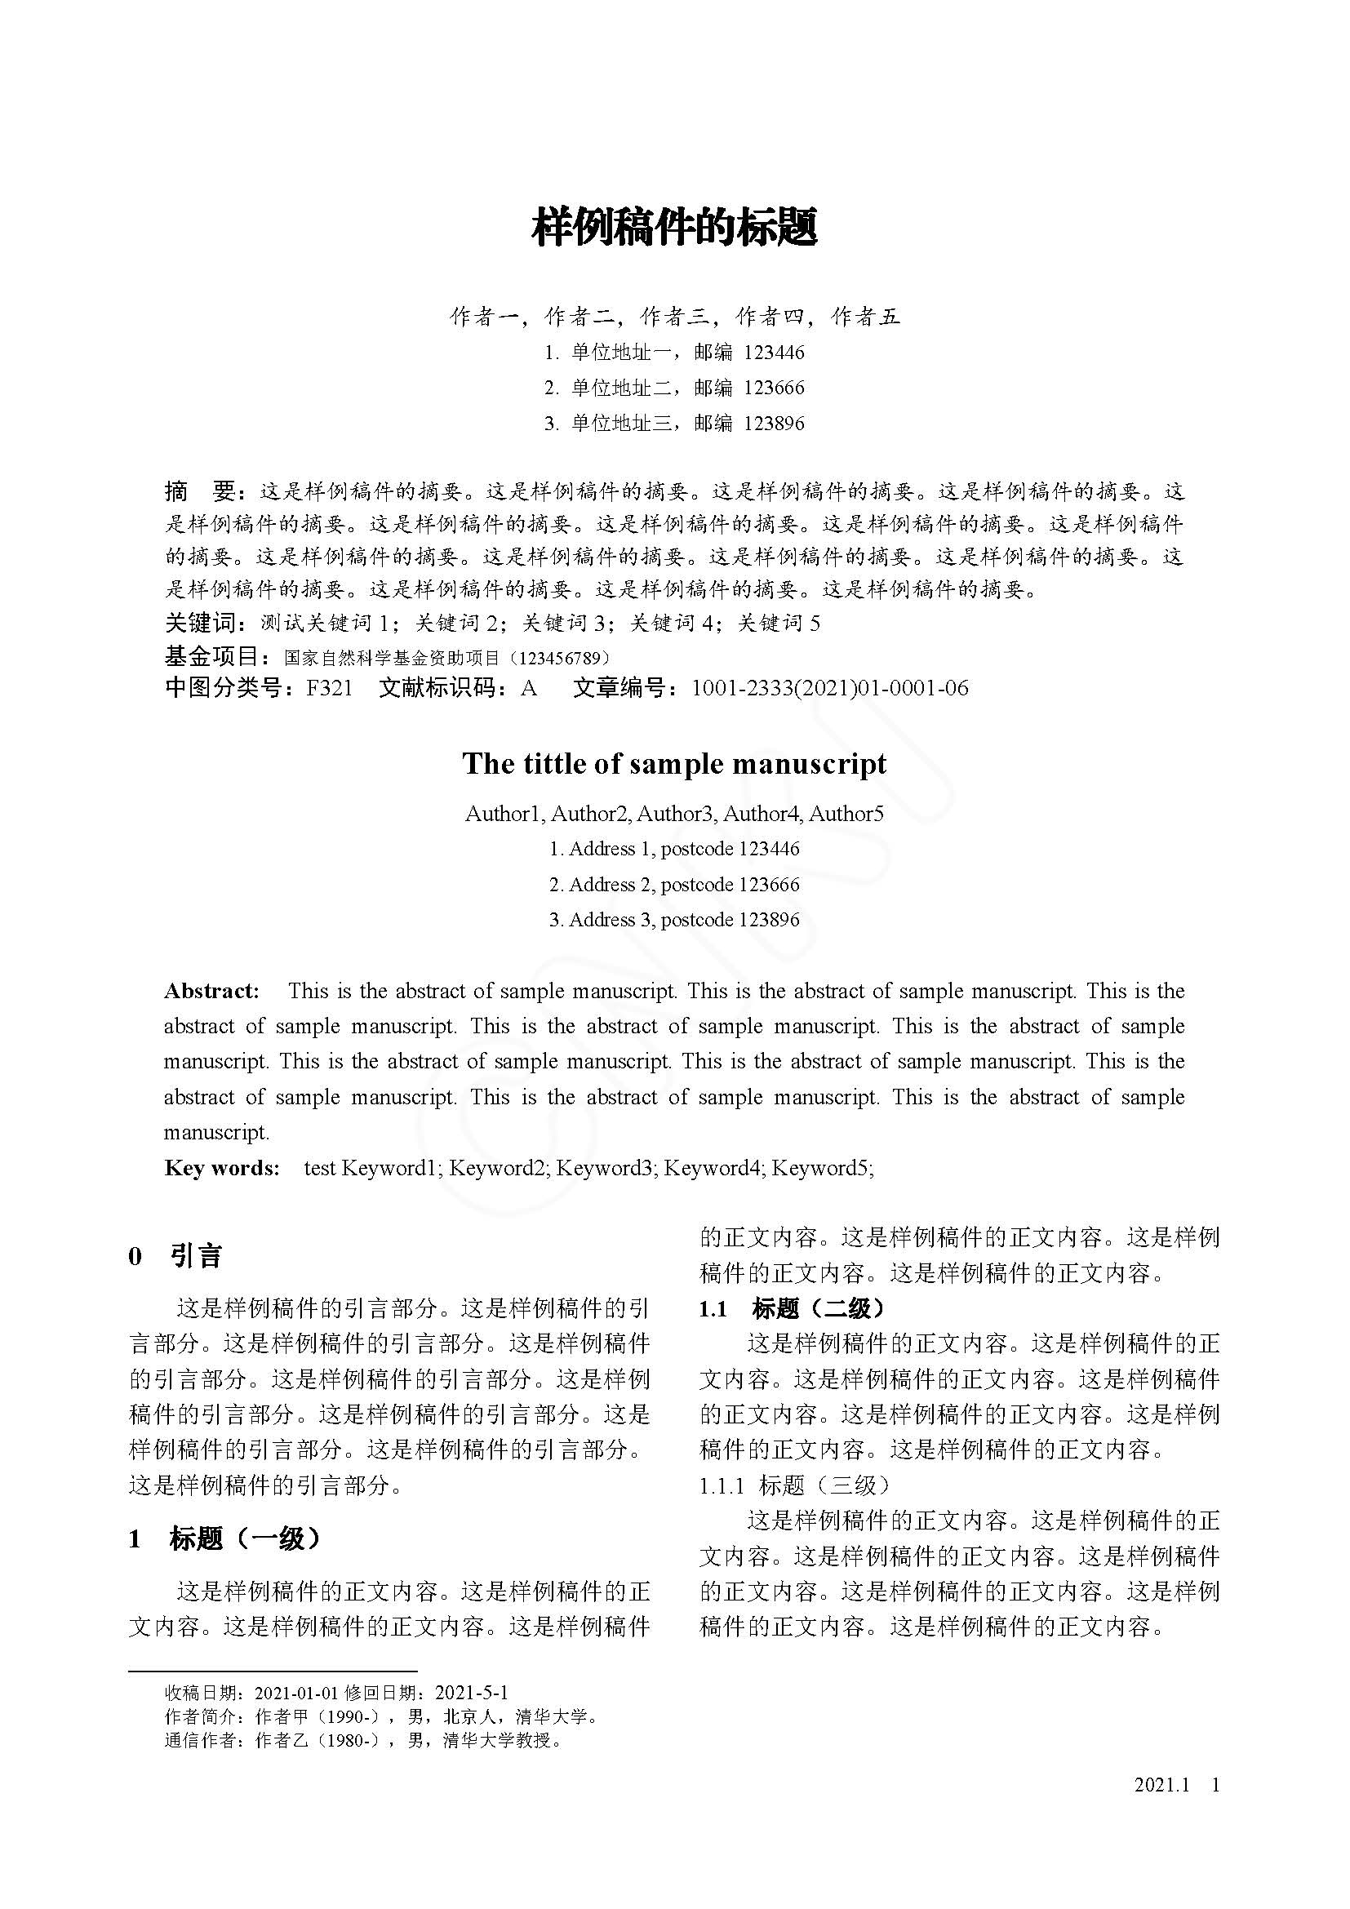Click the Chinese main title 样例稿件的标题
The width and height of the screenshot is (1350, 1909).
point(674,227)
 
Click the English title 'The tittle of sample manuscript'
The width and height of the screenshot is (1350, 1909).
point(674,763)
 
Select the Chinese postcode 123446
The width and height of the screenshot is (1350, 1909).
point(774,353)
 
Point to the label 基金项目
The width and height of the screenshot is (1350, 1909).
point(213,656)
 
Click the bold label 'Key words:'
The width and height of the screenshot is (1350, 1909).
point(221,1168)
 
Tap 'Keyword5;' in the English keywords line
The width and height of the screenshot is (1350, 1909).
point(822,1168)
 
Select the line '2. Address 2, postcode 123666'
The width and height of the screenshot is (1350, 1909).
point(674,885)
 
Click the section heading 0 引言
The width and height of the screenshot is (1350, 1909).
point(175,1255)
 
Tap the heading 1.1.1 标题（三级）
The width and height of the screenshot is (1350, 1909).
point(795,1485)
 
